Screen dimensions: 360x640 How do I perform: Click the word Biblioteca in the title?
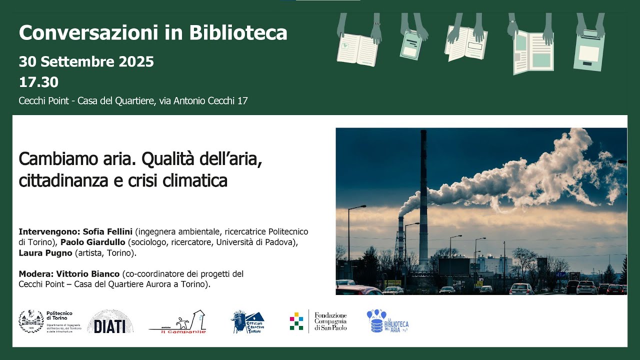[238, 33]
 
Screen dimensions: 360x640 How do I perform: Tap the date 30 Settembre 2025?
[86, 62]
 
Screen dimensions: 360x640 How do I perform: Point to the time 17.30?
[38, 82]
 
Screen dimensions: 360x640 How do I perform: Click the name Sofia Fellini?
[108, 232]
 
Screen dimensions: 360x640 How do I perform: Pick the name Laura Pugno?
[45, 253]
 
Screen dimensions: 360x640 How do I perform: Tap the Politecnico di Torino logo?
[45, 321]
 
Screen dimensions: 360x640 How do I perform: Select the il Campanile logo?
[177, 322]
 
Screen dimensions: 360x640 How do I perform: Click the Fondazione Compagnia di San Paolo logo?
[318, 321]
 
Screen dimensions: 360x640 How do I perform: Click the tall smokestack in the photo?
[423, 200]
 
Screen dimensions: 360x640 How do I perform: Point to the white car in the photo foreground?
[521, 288]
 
